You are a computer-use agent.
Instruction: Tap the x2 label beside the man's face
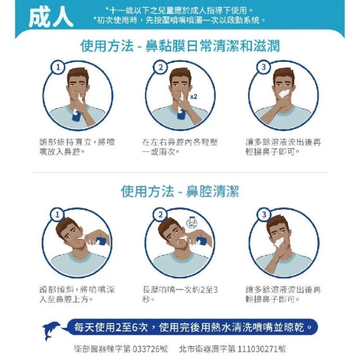pyautogui.click(x=193, y=97)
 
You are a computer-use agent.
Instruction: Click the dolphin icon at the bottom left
pyautogui.click(x=52, y=331)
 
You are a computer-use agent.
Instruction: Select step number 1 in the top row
pyautogui.click(x=58, y=67)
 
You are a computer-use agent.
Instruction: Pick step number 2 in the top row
pyautogui.click(x=160, y=67)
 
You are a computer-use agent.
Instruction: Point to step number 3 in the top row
pyautogui.click(x=264, y=67)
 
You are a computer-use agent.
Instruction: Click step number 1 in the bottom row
pyautogui.click(x=57, y=215)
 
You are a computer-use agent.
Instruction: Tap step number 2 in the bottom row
pyautogui.click(x=160, y=215)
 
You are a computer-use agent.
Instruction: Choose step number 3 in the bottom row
pyautogui.click(x=264, y=215)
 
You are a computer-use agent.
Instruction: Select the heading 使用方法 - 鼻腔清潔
pyautogui.click(x=180, y=191)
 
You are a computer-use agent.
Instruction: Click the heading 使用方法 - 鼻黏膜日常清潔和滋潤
pyautogui.click(x=180, y=46)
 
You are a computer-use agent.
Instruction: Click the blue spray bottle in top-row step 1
pyautogui.click(x=76, y=115)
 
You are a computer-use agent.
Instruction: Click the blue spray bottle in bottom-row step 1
pyautogui.click(x=100, y=241)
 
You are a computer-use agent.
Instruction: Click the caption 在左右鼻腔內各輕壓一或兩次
pyautogui.click(x=180, y=147)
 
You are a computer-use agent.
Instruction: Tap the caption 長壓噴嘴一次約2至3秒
pyautogui.click(x=180, y=294)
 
